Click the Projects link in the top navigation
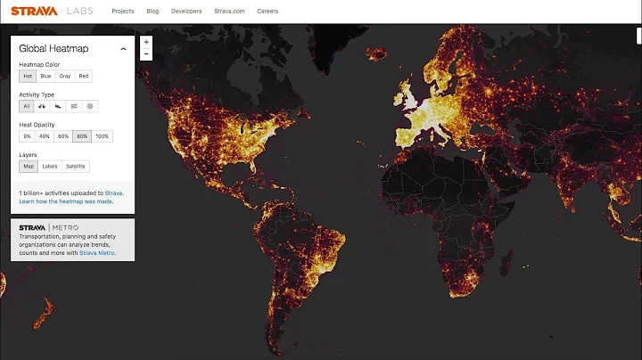coord(123,12)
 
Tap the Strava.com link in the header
coord(228,12)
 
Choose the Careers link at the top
coord(267,12)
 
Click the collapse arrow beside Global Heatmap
coord(123,49)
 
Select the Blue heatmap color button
coord(45,77)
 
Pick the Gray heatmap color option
coord(65,77)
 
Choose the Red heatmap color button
coord(84,77)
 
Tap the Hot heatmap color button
coord(28,77)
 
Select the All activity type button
coord(26,106)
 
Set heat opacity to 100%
coord(103,136)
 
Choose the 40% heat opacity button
coord(45,136)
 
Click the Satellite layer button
coord(76,167)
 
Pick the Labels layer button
coord(50,167)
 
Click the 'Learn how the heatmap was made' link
coord(65,201)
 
